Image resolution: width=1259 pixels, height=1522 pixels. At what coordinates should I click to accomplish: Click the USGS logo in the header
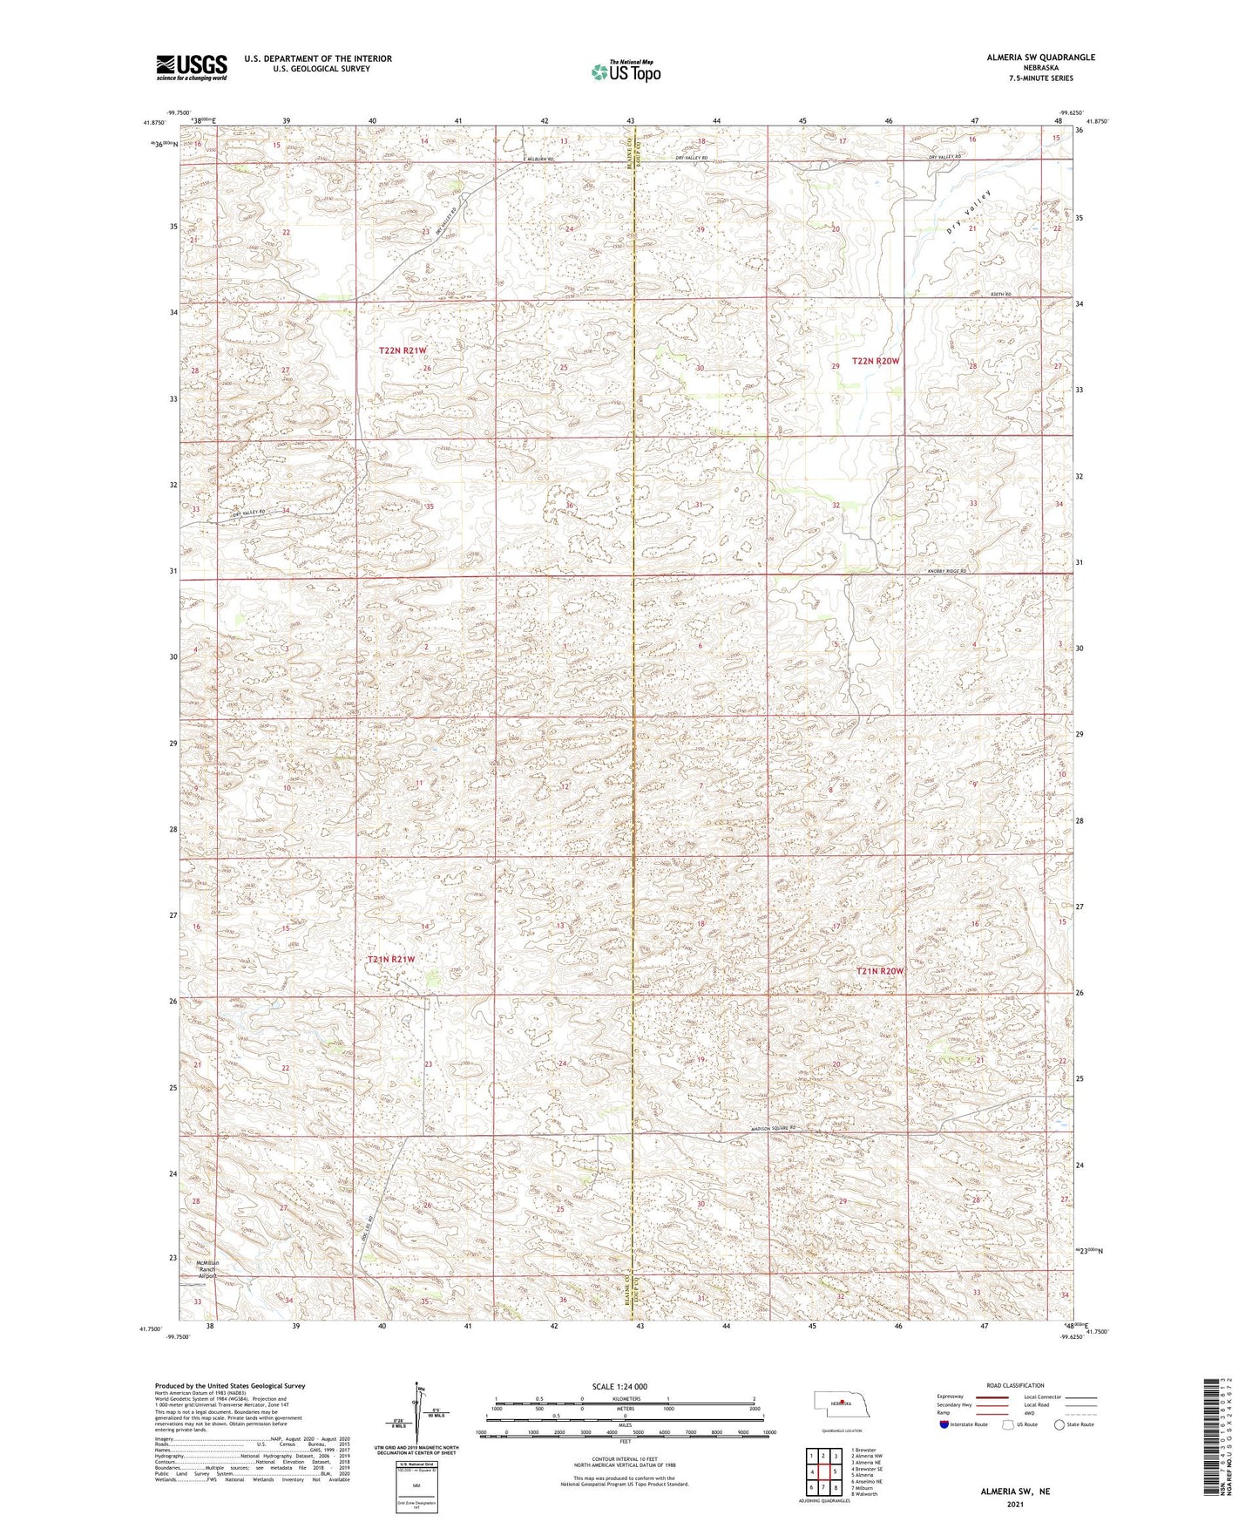192,66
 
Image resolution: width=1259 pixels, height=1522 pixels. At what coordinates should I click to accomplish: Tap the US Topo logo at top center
625,71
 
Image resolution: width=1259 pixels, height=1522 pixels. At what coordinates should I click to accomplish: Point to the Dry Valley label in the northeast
970,213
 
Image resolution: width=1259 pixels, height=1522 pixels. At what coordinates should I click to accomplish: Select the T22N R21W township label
403,350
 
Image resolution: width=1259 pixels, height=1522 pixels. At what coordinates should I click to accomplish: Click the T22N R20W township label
877,360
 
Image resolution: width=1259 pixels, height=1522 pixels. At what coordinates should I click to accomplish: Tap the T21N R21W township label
391,959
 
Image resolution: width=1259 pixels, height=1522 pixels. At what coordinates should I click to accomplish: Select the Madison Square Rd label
774,1129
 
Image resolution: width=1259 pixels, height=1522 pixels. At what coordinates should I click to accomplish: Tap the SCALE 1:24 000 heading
625,1386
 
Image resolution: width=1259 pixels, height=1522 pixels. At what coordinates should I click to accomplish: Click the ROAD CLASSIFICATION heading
1014,1385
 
